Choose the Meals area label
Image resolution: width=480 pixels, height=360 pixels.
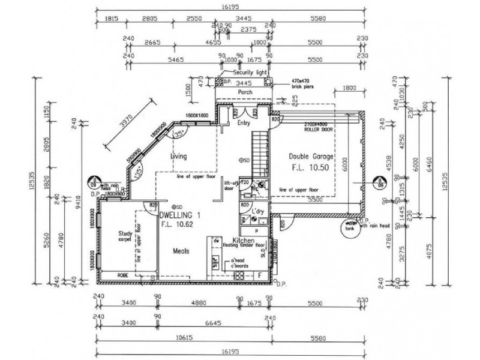[182, 252]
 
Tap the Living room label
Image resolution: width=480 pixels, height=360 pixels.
[179, 157]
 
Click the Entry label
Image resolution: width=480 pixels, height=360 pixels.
[243, 124]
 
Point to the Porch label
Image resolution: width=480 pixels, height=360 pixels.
[245, 92]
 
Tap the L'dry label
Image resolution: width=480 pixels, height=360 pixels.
[259, 213]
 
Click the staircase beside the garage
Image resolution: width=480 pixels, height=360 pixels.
[259, 150]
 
